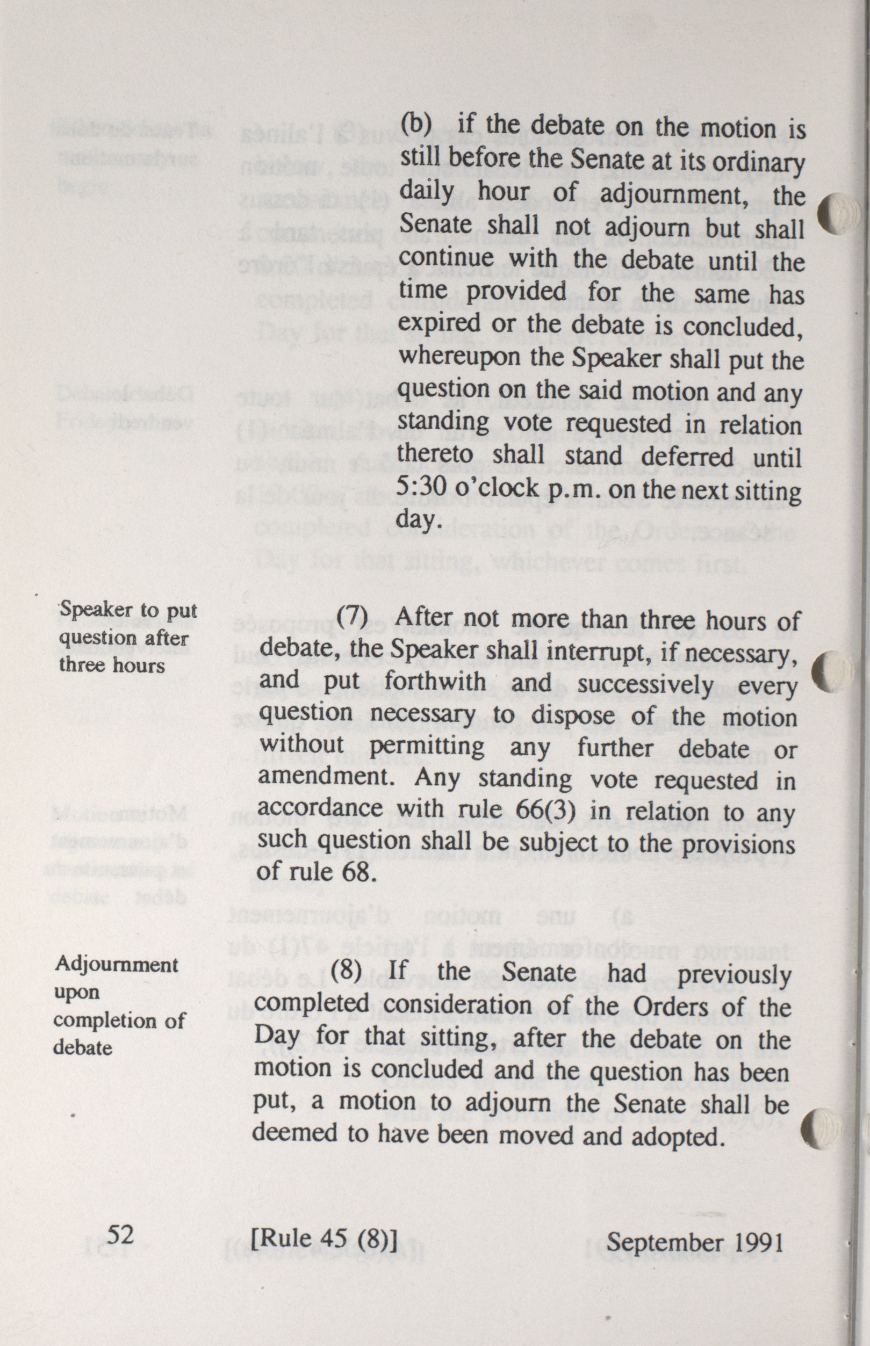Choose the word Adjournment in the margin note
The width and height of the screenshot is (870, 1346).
pos(116,964)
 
